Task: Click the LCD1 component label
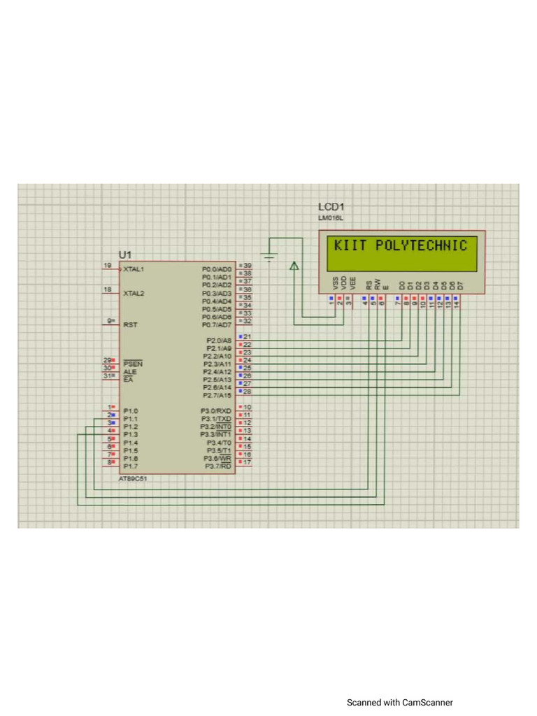point(331,208)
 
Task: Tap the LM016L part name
point(329,219)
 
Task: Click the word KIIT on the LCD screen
point(350,245)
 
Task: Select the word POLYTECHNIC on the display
point(421,245)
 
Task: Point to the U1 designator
point(125,254)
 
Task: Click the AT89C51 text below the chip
point(133,479)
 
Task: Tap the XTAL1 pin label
point(134,269)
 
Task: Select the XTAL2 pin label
point(134,294)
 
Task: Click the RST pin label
point(130,325)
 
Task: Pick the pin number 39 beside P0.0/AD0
point(247,266)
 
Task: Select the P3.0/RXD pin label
point(216,411)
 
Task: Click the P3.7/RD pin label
point(217,466)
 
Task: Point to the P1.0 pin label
point(131,411)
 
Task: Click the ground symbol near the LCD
point(269,254)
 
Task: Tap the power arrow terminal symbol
point(294,265)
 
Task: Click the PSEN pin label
point(132,364)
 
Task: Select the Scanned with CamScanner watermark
point(399,702)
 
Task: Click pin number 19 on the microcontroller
point(107,266)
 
